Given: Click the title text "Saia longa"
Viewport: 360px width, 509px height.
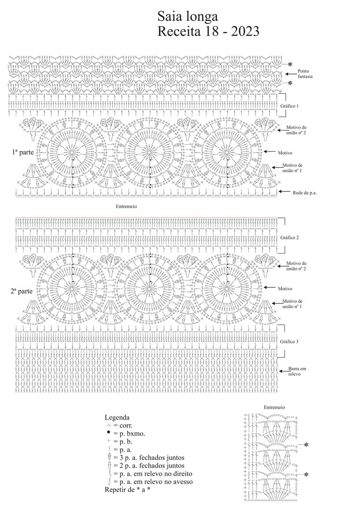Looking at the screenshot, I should pos(188,17).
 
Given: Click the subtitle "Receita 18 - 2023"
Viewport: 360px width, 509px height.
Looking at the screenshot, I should pos(209,32).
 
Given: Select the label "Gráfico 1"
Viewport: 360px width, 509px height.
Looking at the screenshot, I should pos(289,106).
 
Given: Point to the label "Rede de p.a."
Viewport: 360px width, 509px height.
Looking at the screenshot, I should pos(304,192).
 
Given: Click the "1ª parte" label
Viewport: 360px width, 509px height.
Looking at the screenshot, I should pos(23,152).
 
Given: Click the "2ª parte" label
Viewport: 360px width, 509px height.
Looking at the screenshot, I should pos(23,291).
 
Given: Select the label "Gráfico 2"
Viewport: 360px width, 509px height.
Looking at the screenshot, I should pos(289,238).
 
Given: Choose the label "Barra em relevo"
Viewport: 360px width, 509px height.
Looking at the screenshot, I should pos(297,371).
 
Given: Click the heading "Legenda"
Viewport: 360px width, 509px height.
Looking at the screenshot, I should pos(117,417).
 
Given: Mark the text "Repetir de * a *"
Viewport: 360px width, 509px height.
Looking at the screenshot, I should pos(127,490).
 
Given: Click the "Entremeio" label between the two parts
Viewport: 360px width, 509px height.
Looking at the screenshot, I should pos(126,206).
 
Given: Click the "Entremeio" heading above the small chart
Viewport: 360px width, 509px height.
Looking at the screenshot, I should pos(274,407).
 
